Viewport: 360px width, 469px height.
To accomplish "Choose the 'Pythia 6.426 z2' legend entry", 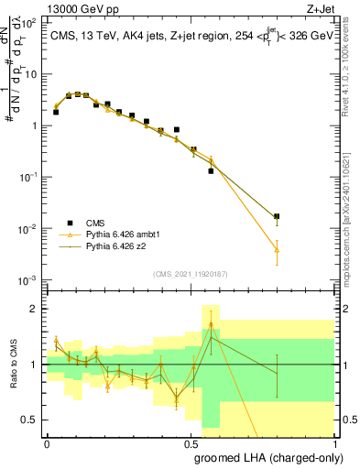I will click(x=117, y=246).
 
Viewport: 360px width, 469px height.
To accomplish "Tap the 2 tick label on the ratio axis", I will click(x=36, y=309).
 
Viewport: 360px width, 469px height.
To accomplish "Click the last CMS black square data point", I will click(x=277, y=217).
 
